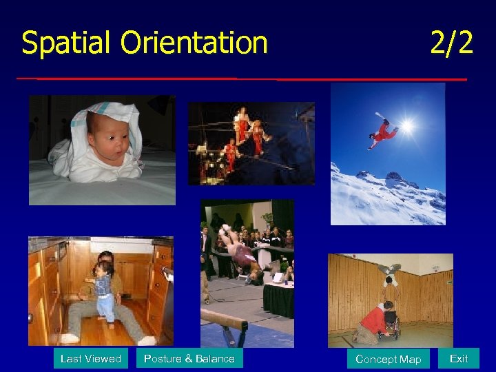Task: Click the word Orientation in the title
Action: (x=194, y=43)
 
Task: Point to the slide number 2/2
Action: (x=451, y=43)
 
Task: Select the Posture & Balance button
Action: (x=189, y=358)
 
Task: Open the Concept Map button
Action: (x=388, y=359)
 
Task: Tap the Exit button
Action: (x=458, y=358)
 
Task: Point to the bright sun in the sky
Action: (x=407, y=126)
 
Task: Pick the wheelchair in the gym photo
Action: (x=389, y=324)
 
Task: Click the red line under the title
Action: (x=241, y=79)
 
